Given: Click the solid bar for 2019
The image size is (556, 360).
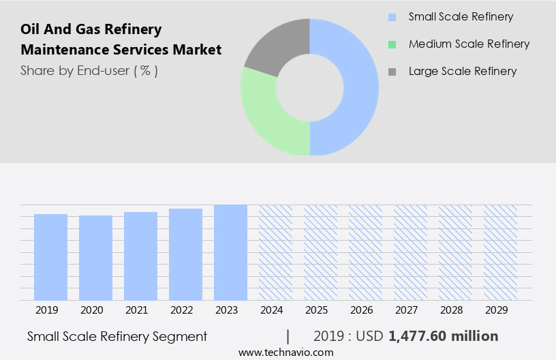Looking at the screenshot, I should [50, 257].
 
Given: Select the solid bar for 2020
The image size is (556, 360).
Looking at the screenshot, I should [95, 258].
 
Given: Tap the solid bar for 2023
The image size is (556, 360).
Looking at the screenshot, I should [230, 252].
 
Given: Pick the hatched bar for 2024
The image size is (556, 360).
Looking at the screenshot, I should [275, 252].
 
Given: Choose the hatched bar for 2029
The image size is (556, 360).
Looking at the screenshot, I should [500, 252].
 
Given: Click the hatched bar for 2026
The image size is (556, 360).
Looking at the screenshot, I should [365, 252].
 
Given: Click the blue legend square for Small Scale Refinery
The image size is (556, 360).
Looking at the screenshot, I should [391, 17].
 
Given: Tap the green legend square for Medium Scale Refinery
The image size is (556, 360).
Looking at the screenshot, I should [391, 44].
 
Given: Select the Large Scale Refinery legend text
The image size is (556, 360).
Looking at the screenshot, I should [462, 71].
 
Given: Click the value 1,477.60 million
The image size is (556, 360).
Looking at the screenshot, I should [443, 336].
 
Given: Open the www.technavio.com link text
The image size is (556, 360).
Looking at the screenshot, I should [285, 352].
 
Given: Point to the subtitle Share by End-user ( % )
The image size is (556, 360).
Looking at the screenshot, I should [89, 70].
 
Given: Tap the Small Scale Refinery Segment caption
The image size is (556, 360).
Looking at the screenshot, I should [117, 336].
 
